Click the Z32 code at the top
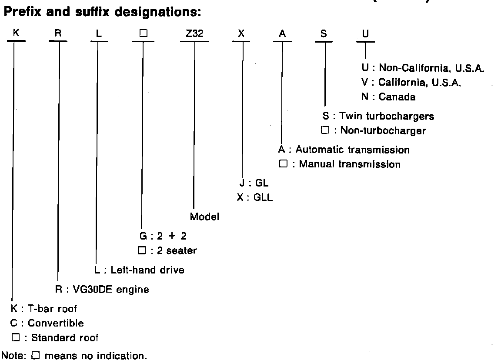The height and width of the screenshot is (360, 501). click(x=194, y=34)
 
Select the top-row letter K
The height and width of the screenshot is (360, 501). click(x=16, y=34)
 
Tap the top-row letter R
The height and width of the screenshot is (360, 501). click(x=58, y=34)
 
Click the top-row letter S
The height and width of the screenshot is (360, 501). click(x=324, y=34)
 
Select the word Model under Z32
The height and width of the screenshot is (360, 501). click(x=204, y=217)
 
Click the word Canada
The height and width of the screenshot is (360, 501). click(x=397, y=97)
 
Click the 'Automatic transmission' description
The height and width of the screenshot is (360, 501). click(x=353, y=150)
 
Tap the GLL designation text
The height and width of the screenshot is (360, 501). click(x=261, y=198)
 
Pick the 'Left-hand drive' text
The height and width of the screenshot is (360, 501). click(x=147, y=270)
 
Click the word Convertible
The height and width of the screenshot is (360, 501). click(x=56, y=323)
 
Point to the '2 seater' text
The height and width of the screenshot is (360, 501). click(x=177, y=250)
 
